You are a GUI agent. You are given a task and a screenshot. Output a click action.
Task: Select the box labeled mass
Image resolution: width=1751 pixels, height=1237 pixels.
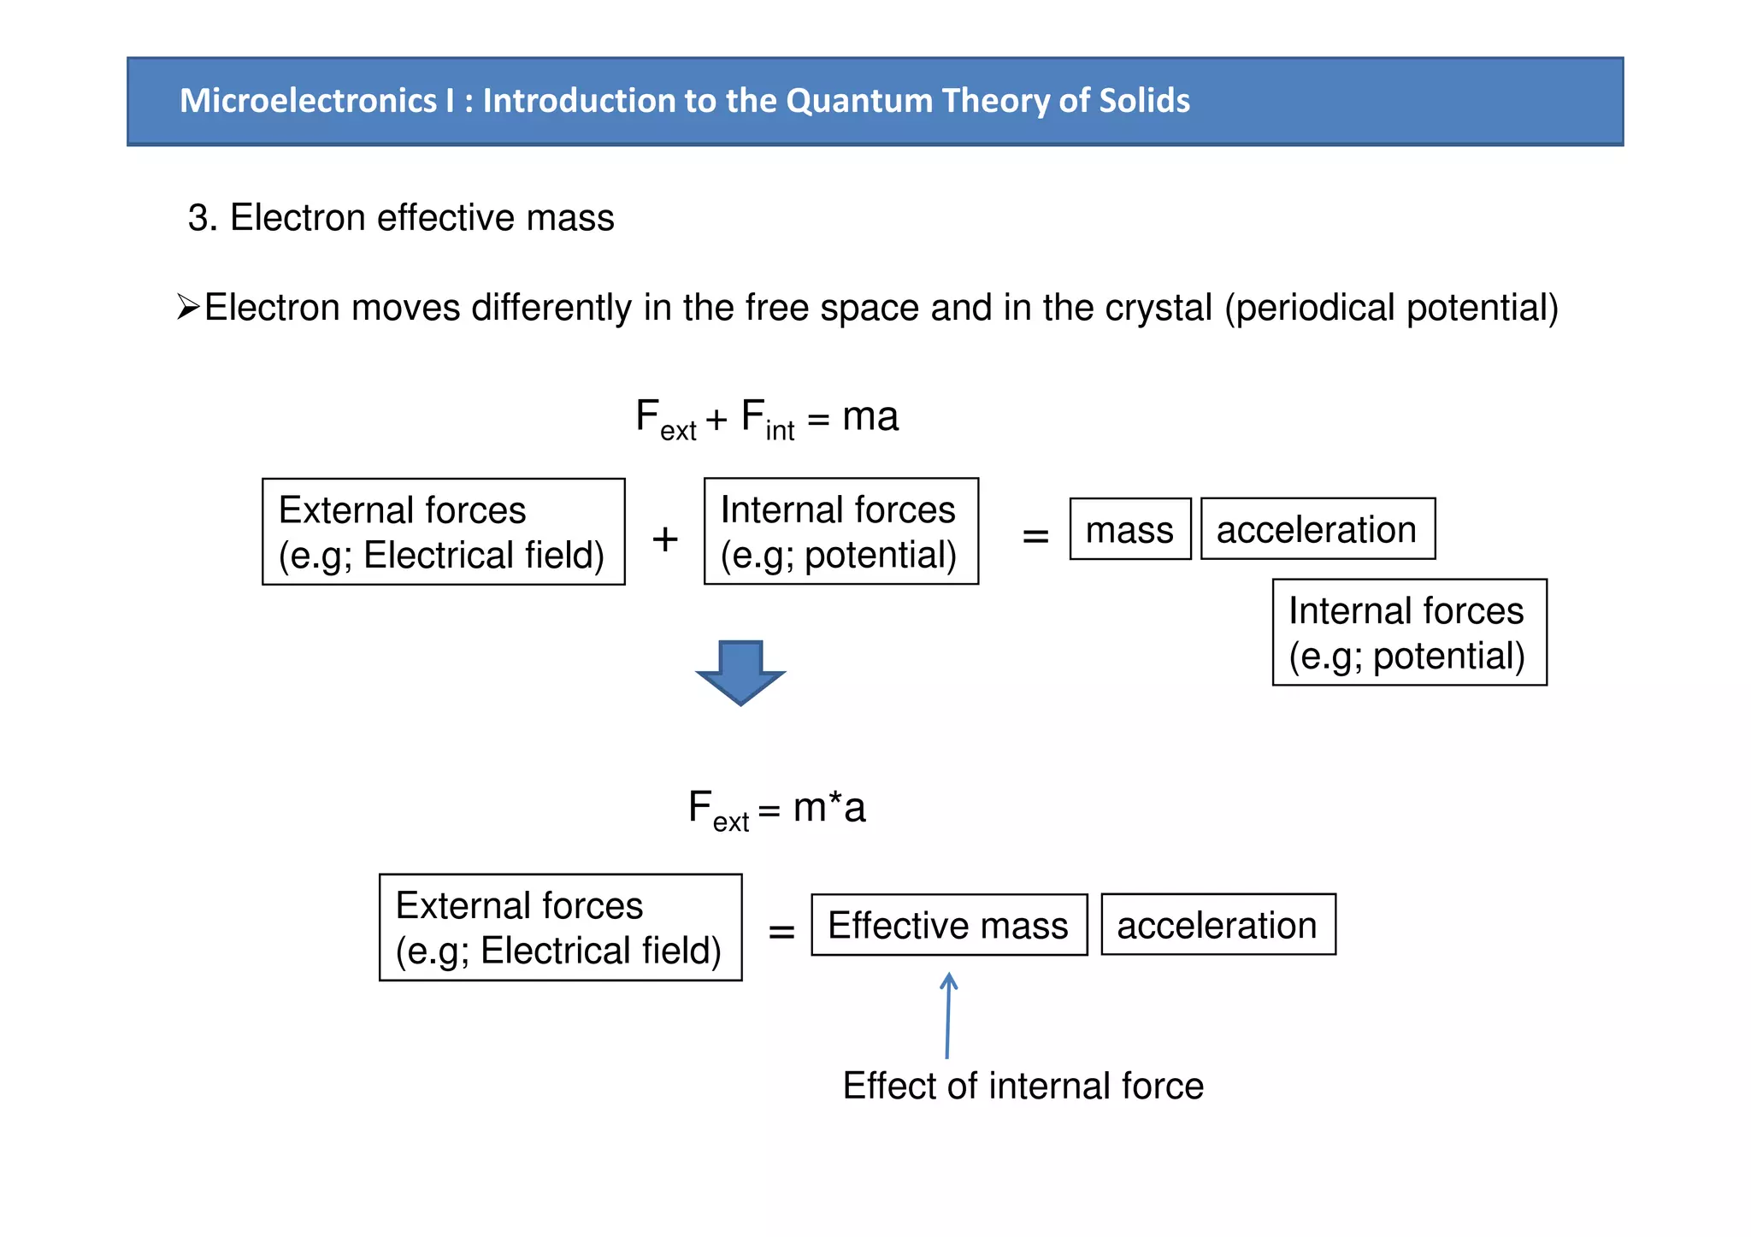click(x=1129, y=529)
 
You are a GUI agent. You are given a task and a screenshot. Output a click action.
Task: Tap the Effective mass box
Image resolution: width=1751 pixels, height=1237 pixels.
click(x=949, y=925)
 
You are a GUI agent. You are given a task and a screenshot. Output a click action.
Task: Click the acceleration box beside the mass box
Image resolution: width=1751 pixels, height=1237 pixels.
click(x=1318, y=529)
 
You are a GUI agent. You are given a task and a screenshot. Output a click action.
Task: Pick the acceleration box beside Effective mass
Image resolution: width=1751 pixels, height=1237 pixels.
click(x=1217, y=925)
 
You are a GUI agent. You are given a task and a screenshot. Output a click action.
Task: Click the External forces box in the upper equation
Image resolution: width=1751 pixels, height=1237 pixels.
click(x=443, y=532)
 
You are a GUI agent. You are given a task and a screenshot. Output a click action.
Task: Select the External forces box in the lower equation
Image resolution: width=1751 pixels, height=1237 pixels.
click(x=560, y=928)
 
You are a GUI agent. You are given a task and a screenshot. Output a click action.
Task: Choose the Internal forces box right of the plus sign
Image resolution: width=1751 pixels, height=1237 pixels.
click(x=840, y=532)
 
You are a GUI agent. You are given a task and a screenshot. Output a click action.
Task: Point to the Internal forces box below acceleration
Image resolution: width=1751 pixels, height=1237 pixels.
click(x=1409, y=633)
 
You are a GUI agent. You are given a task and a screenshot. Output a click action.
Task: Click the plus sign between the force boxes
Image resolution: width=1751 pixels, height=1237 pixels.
click(x=664, y=539)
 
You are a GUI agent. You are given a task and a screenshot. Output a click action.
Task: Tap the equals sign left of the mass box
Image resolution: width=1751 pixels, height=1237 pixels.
click(x=1035, y=536)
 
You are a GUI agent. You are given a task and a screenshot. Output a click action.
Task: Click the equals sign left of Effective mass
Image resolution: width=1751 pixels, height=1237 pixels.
click(x=781, y=931)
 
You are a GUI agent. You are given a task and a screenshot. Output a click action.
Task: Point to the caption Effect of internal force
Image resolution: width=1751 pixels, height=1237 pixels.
click(x=1023, y=1086)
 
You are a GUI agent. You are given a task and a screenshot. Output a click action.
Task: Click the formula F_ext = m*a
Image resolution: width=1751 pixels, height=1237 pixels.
click(x=776, y=808)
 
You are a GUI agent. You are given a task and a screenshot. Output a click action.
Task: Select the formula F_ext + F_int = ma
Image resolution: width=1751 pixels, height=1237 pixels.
click(x=767, y=418)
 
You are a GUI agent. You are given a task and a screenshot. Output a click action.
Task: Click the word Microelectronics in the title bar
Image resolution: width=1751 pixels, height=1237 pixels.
click(x=308, y=101)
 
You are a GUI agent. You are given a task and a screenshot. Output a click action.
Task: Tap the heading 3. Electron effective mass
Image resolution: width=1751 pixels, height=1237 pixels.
click(x=401, y=218)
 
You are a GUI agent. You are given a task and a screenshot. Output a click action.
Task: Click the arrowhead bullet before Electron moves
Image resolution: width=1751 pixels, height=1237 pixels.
click(x=188, y=306)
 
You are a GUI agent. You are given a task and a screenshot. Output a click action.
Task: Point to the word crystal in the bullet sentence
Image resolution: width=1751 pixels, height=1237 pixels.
click(x=1158, y=308)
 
